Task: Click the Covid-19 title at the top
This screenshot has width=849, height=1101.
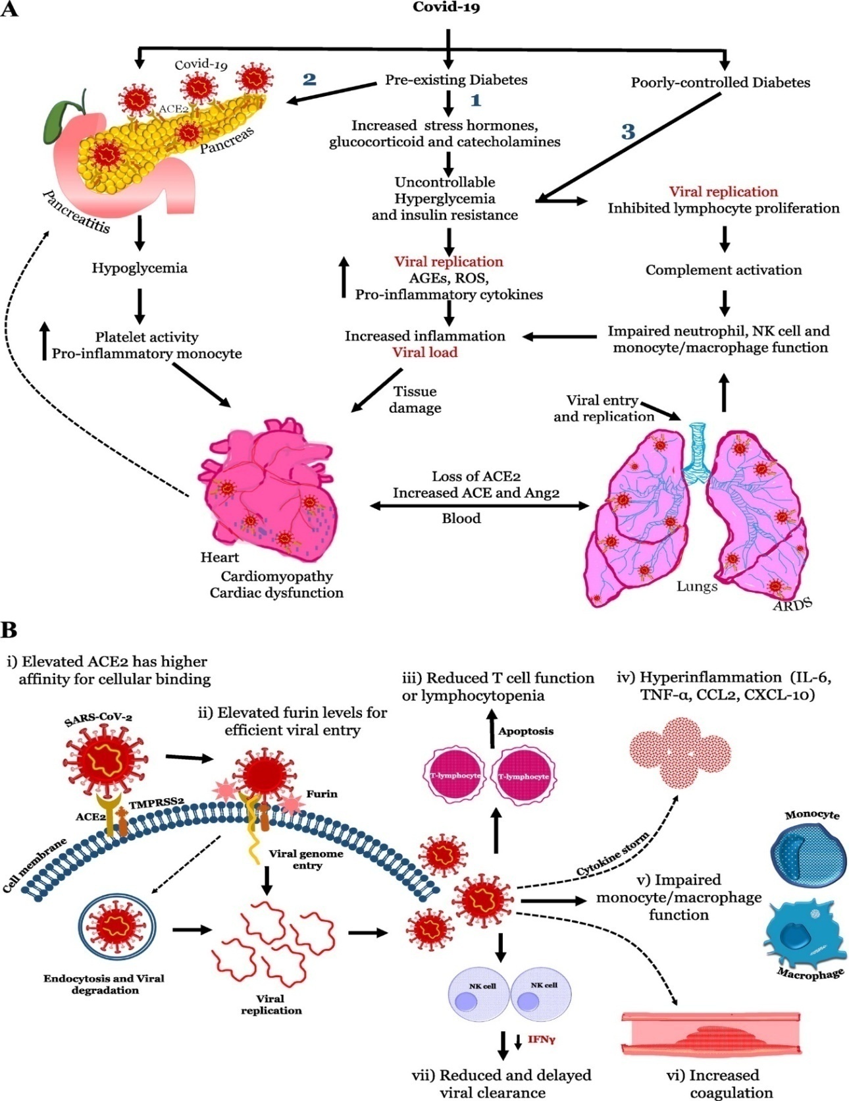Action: click(x=446, y=7)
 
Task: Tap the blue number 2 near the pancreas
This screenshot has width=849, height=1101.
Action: click(x=309, y=79)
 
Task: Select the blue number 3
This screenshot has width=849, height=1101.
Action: click(x=629, y=132)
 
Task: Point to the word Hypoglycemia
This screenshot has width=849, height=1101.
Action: click(x=140, y=268)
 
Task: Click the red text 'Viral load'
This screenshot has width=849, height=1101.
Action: click(x=424, y=352)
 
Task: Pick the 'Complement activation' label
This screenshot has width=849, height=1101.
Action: click(x=723, y=270)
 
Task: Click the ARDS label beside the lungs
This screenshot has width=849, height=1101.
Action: click(x=792, y=603)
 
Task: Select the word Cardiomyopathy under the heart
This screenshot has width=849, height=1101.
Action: click(x=276, y=576)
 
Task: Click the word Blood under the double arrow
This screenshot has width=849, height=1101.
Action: click(x=461, y=518)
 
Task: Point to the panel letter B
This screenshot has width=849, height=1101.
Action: click(x=9, y=630)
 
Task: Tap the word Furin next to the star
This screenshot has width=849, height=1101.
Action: click(x=321, y=794)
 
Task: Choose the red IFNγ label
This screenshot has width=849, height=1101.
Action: click(x=541, y=1040)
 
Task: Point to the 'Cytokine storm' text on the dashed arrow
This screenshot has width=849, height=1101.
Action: click(x=612, y=854)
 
